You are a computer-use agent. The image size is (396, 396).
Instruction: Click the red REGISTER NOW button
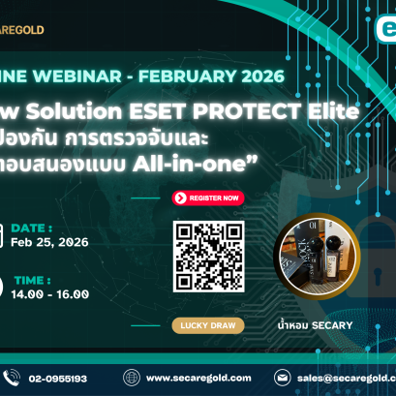pyautogui.click(x=208, y=197)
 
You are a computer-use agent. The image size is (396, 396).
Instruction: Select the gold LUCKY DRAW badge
pyautogui.click(x=207, y=325)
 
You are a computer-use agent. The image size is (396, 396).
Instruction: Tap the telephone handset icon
pyautogui.click(x=12, y=378)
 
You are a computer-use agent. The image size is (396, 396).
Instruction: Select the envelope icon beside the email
pyautogui.click(x=283, y=378)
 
